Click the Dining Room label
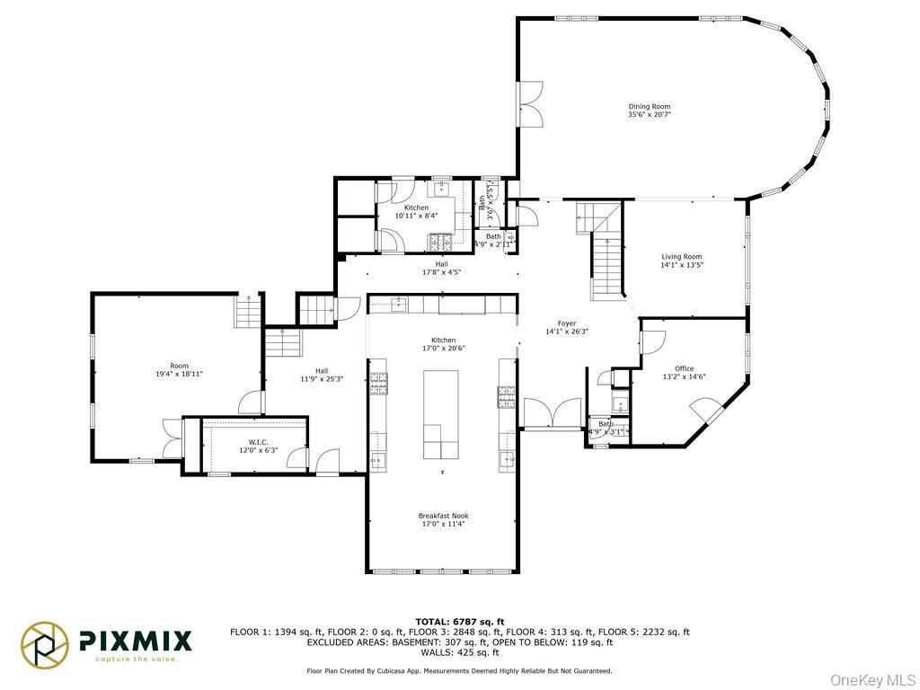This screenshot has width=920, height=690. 649,106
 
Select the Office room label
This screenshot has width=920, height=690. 685,368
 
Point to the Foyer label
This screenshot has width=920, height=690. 566,323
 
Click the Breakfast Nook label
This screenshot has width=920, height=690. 443,516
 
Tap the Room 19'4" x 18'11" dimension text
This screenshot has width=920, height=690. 180,373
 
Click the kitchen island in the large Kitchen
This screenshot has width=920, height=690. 441,414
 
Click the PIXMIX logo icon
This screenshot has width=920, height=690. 45,644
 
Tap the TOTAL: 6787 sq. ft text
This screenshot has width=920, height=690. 460,621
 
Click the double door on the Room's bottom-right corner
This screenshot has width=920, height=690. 171,437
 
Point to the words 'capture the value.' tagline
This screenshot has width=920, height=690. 137,659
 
